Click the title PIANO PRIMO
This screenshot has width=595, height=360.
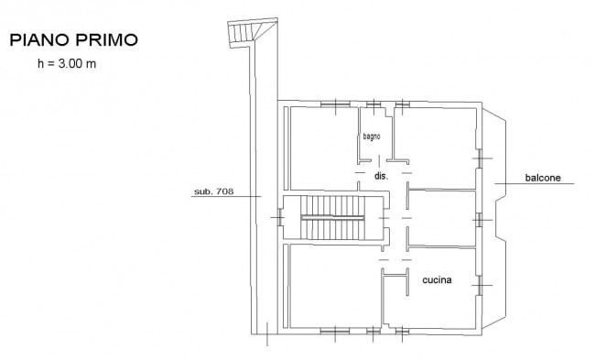pyautogui.click(x=73, y=40)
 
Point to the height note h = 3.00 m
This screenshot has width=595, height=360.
pyautogui.click(x=67, y=63)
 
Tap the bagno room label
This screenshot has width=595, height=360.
pyautogui.click(x=372, y=136)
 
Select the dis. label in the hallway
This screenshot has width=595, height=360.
pyautogui.click(x=382, y=176)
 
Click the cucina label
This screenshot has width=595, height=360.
pyautogui.click(x=437, y=280)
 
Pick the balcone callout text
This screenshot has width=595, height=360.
pyautogui.click(x=543, y=178)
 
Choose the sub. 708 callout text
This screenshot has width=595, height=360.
pyautogui.click(x=214, y=191)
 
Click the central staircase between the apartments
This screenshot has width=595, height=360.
pyautogui.click(x=332, y=218)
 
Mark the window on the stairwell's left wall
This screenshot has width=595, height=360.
pyautogui.click(x=280, y=218)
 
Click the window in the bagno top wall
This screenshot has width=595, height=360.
pyautogui.click(x=373, y=104)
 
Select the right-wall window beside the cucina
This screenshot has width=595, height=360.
pyautogui.click(x=480, y=285)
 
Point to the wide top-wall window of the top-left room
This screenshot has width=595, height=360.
pyautogui.click(x=335, y=104)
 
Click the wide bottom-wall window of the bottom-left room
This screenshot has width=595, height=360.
pyautogui.click(x=335, y=332)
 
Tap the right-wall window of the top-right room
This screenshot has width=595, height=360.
pyautogui.click(x=480, y=158)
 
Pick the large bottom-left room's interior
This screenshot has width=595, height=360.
pyautogui.click(x=335, y=286)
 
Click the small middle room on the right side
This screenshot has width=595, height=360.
pyautogui.click(x=442, y=218)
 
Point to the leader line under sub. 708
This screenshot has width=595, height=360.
pyautogui.click(x=226, y=196)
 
